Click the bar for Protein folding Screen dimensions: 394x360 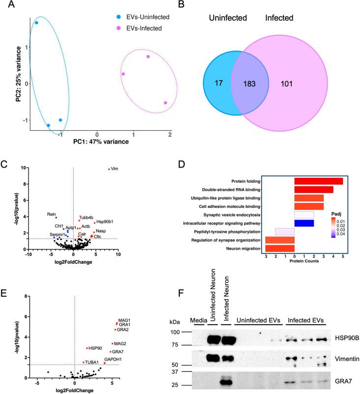318,181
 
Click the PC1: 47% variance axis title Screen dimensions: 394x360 101,141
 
